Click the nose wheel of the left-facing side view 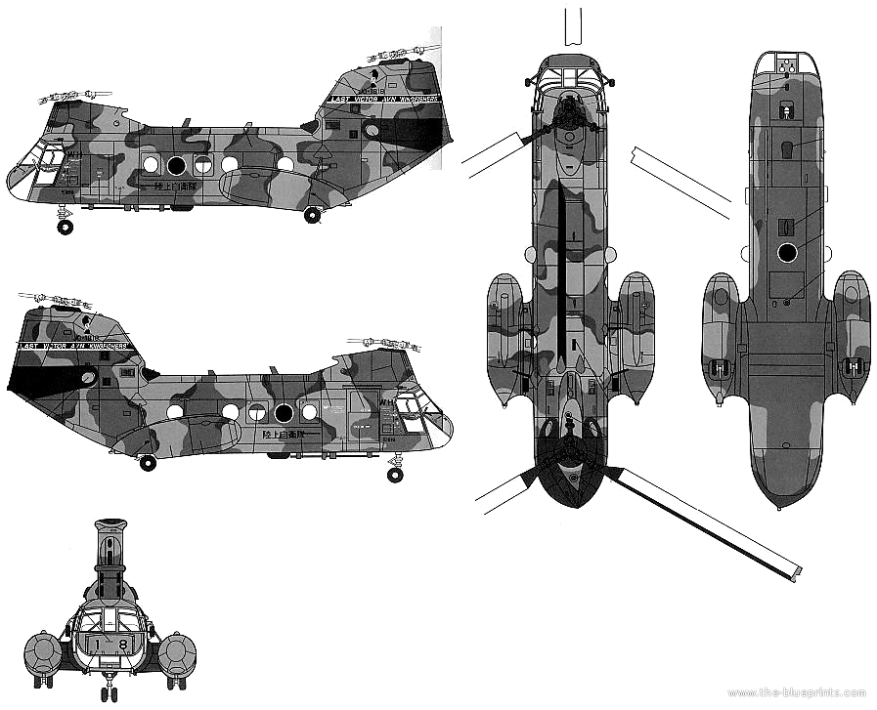pos(65,228)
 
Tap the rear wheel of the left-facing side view pos(313,216)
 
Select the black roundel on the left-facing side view pos(176,164)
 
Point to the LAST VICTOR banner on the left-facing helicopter pos(385,99)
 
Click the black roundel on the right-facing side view pos(284,412)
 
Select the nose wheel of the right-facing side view pos(394,475)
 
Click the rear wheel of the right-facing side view pos(147,463)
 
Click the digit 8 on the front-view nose pos(122,645)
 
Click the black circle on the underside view pos(786,254)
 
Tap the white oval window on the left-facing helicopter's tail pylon pos(371,129)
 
